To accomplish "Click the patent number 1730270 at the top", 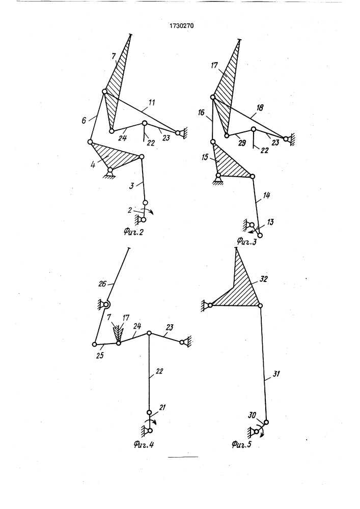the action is coord(182,25).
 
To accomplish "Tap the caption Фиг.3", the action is coord(246,241).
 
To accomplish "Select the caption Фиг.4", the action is coord(144,444).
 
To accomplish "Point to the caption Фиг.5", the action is coord(242,444).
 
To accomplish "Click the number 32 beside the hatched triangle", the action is coord(263,279).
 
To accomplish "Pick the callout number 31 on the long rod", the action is coord(276,374).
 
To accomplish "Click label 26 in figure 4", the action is coord(102,284).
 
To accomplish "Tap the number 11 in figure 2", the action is coord(151,103).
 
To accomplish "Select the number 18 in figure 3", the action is coord(260,108).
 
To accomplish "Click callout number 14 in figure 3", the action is coord(266,195).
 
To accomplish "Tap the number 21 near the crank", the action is coord(162,407).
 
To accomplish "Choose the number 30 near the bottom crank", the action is coord(252,415).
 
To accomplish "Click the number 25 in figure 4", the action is coord(100,355).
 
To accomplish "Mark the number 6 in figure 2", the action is coord(84,121).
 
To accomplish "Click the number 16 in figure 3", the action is coord(201,112).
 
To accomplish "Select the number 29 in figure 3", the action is coord(242,143).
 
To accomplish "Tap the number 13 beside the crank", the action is coord(270,222).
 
